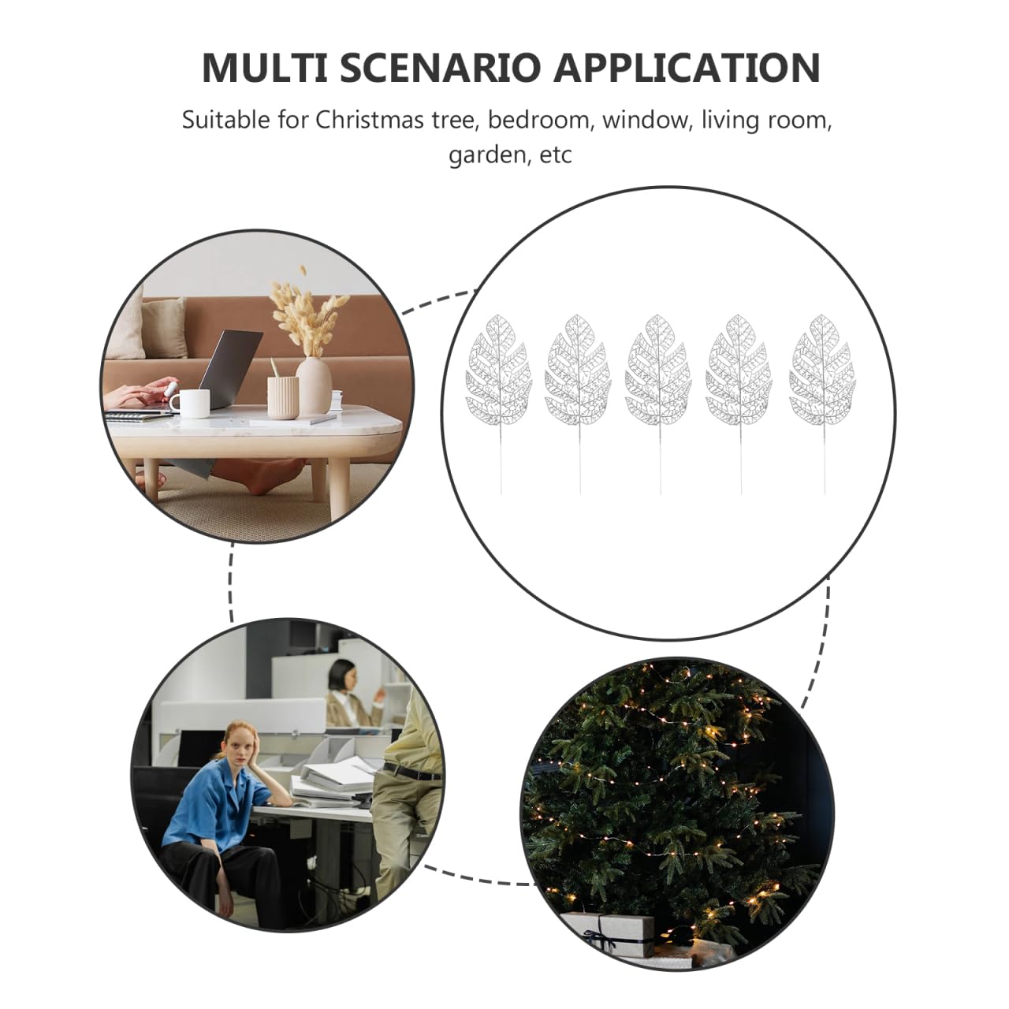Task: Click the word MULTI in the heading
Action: tap(264, 68)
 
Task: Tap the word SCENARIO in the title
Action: tap(440, 68)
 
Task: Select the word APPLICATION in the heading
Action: tap(687, 68)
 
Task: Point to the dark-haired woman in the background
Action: tap(345, 692)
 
